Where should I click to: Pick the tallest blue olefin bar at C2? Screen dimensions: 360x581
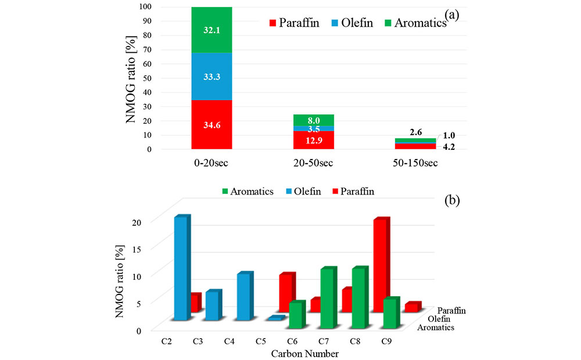click(181, 268)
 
